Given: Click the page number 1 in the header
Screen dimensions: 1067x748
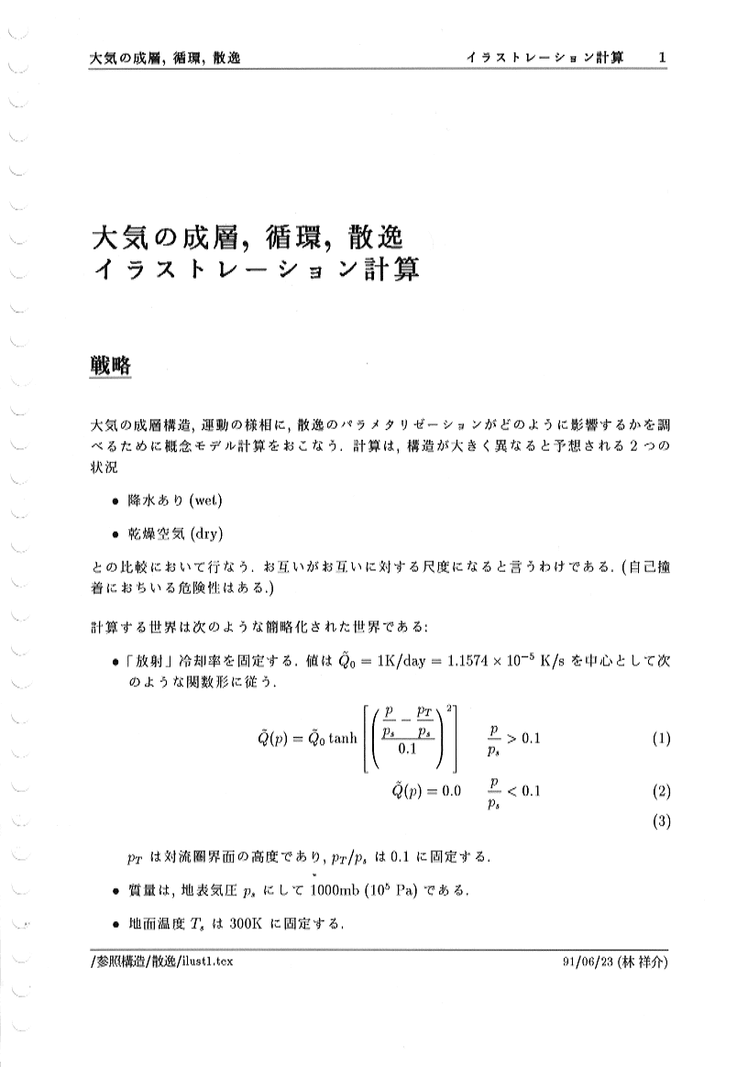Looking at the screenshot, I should pos(662,58).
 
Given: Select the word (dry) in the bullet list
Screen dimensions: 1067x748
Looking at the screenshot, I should pos(203,533).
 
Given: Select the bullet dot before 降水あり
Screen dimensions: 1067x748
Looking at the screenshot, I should pos(114,501).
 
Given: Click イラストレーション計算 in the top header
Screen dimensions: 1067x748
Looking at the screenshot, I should pos(544,58).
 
